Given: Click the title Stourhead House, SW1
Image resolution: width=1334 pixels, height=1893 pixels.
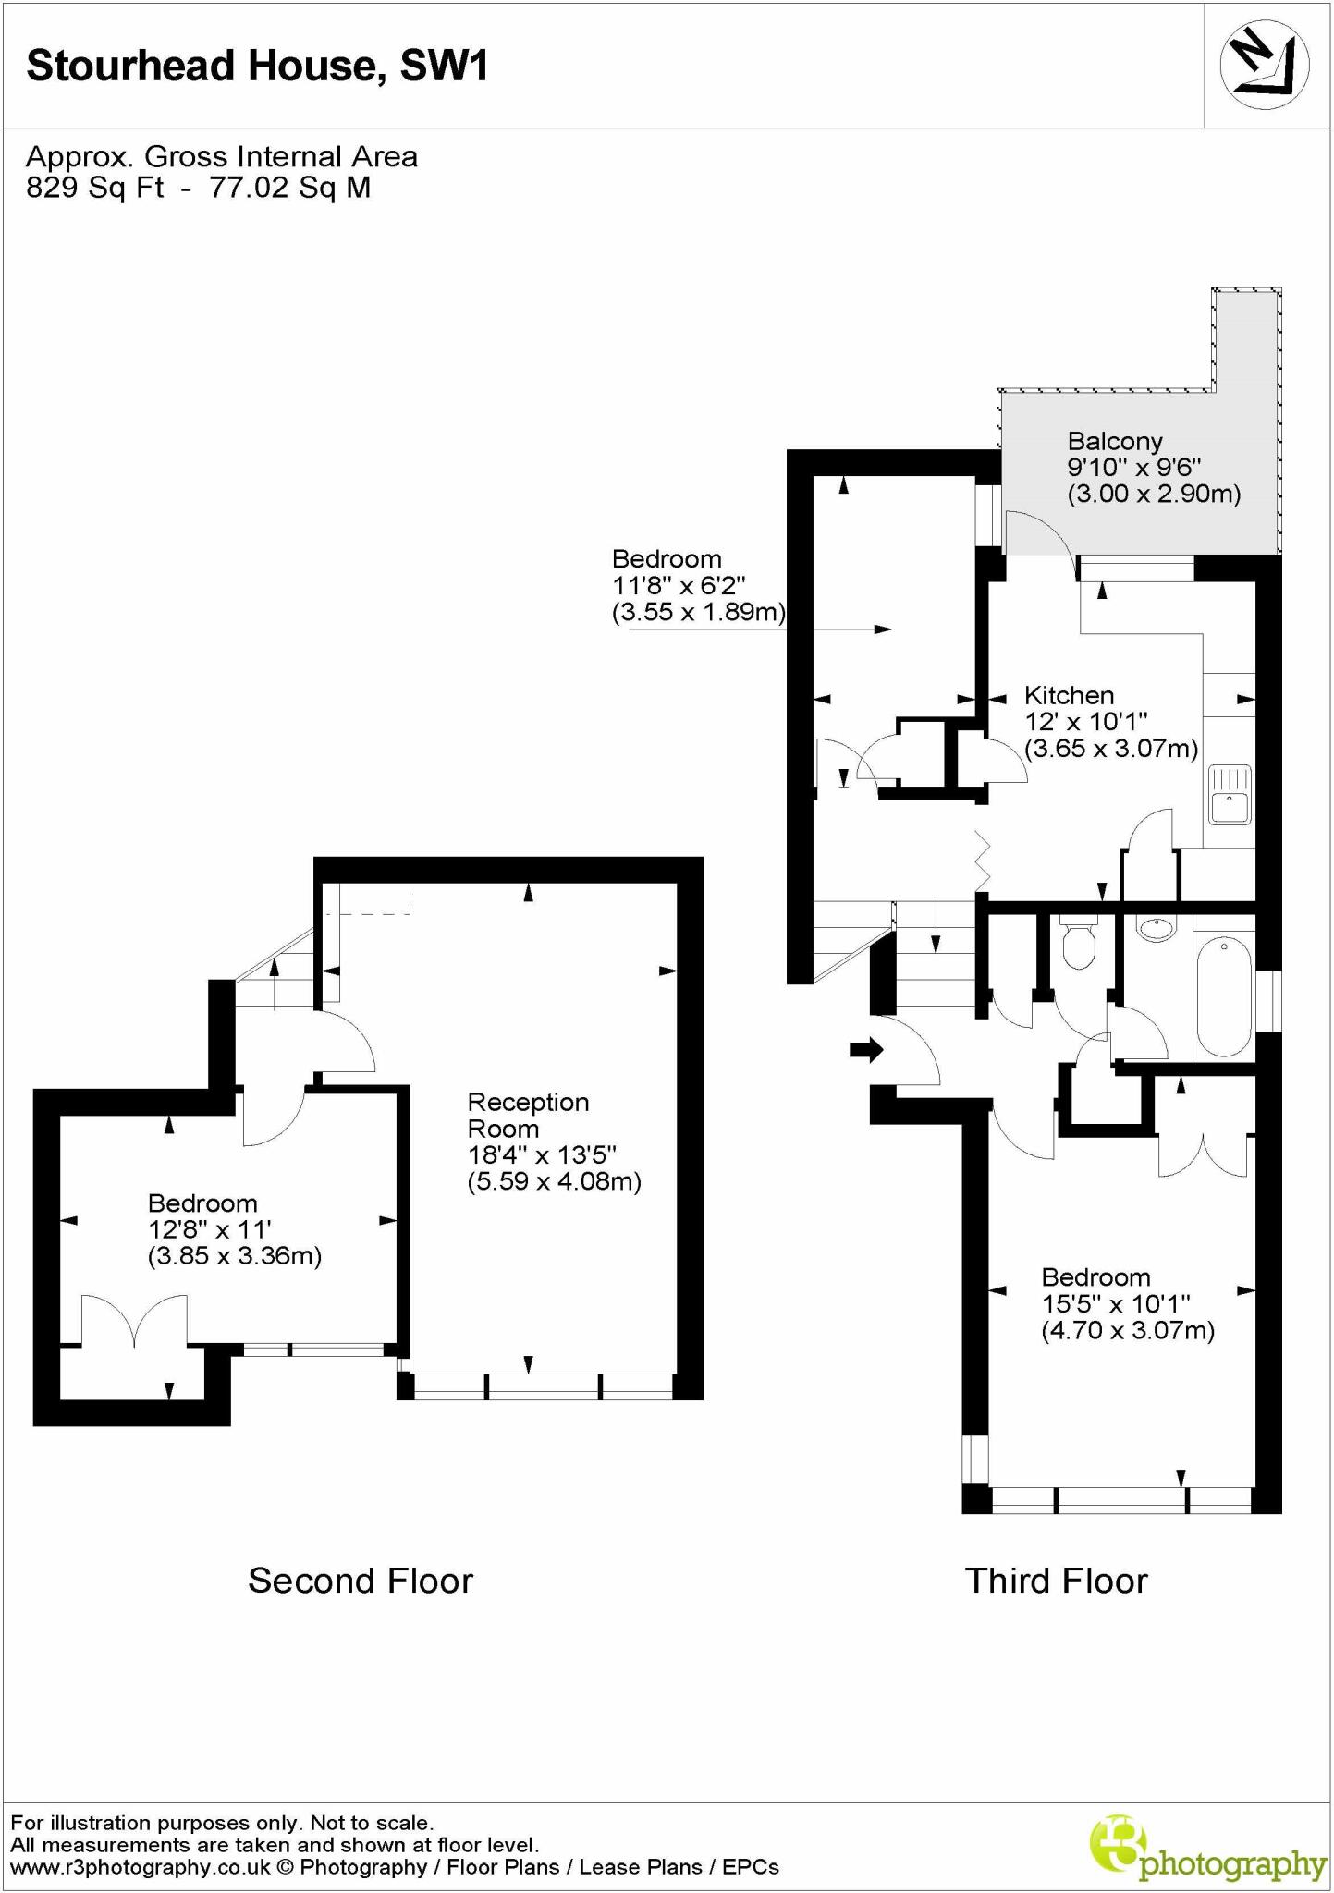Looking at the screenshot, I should point(257,67).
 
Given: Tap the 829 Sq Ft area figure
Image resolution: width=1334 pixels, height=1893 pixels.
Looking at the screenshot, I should point(94,188).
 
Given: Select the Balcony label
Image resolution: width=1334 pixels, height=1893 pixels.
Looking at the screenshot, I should point(1114,442).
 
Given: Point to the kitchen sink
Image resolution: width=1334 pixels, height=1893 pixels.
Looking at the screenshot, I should point(1230,794).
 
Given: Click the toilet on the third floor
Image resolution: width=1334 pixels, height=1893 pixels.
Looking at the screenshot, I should point(1078,944).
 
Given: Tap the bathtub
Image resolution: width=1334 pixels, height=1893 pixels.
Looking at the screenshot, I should point(1223,995).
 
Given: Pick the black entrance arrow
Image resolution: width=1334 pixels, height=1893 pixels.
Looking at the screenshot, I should point(866,1049).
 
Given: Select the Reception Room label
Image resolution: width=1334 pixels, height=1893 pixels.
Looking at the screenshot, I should point(528,1115).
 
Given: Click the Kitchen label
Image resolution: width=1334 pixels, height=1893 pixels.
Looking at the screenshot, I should point(1069,695).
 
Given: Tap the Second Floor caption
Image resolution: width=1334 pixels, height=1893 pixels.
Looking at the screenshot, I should point(361,1581).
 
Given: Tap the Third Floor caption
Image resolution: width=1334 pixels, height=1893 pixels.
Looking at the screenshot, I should point(1056,1581).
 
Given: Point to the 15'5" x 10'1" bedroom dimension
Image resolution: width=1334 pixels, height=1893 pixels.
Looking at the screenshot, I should point(1115,1304).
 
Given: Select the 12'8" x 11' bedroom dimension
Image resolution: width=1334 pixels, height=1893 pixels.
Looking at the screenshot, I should point(209,1230).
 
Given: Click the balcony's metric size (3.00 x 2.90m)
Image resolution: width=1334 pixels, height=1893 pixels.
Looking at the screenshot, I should point(1154,494).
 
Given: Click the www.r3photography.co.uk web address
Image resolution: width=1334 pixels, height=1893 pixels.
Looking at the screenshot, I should point(141,1867).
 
